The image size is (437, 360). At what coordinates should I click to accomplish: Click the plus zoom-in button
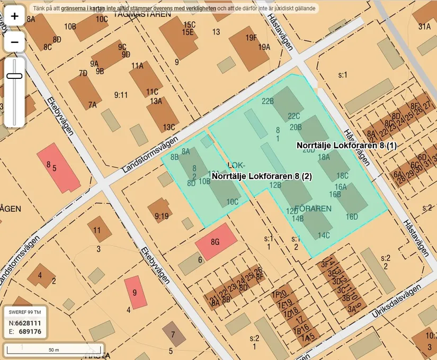pyautogui.click(x=14, y=16)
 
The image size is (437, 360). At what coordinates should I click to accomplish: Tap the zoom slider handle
pyautogui.click(x=14, y=76)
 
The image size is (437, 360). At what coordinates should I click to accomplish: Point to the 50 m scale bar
pyautogui.click(x=53, y=349)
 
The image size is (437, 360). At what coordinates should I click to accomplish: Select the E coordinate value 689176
pyautogui.click(x=30, y=332)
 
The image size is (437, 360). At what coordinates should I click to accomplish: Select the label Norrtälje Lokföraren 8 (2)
pyautogui.click(x=261, y=176)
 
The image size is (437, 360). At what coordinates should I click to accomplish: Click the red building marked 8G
pyautogui.click(x=216, y=242)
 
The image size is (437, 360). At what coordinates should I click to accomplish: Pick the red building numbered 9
pyautogui.click(x=135, y=292)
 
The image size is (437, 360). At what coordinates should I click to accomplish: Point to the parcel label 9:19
pyautogui.click(x=162, y=216)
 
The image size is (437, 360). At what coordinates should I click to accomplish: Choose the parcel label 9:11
pyautogui.click(x=121, y=95)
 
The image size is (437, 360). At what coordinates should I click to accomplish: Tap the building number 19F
pyautogui.click(x=251, y=38)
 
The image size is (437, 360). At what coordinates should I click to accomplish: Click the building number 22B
pyautogui.click(x=267, y=101)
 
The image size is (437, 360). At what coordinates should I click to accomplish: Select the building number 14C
pyautogui.click(x=324, y=235)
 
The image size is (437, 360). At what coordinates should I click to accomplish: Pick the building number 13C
pyautogui.click(x=169, y=127)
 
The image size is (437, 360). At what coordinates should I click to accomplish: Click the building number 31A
pyautogui.click(x=424, y=26)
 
